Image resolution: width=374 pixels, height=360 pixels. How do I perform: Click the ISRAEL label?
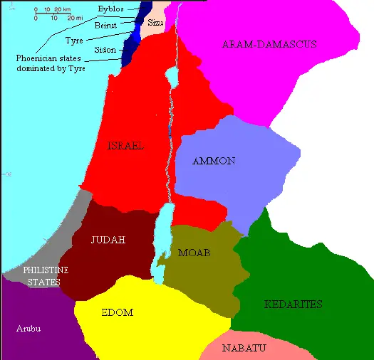(x=125, y=146)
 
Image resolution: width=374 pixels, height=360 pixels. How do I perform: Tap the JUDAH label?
(x=108, y=240)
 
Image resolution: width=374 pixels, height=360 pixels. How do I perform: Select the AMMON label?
(x=214, y=162)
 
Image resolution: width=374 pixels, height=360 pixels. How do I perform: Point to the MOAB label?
(x=194, y=253)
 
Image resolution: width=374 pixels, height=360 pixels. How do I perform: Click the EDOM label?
(x=118, y=312)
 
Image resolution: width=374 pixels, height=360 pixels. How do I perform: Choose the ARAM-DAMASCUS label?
(x=269, y=44)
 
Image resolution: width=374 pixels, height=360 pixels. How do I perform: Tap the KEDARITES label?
(x=293, y=305)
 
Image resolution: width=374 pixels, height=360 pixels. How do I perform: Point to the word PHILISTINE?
(x=46, y=271)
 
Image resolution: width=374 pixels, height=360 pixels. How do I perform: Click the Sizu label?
(x=155, y=23)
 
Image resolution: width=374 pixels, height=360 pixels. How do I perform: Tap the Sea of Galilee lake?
(x=171, y=75)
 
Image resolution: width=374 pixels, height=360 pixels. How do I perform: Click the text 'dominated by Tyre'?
(x=51, y=68)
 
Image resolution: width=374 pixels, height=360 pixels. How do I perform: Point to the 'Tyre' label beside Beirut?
(x=74, y=41)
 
